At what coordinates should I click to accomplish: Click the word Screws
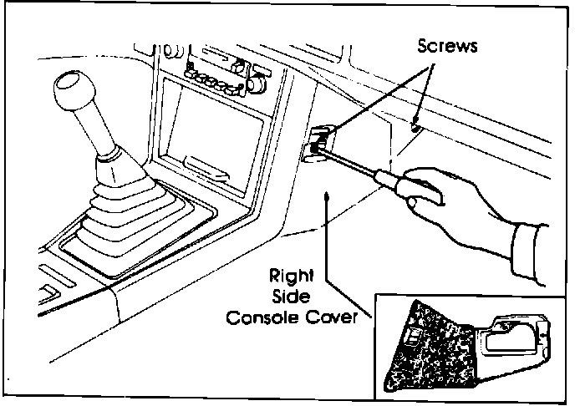448,47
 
